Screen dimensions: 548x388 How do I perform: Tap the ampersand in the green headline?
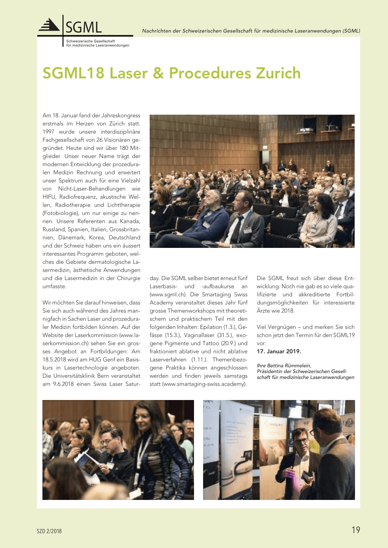(158, 73)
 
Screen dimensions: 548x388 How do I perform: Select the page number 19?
(356, 530)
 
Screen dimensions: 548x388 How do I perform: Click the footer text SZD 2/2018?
(49, 531)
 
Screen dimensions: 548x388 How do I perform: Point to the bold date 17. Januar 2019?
(279, 351)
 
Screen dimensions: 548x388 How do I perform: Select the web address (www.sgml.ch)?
(167, 294)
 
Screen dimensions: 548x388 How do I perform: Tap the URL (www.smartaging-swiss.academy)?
(204, 384)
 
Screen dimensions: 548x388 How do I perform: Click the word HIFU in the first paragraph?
(49, 197)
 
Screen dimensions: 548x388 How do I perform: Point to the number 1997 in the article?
(48, 132)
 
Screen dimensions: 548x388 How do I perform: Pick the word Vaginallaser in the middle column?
(199, 335)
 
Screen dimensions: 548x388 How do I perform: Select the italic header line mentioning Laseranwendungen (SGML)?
(251, 31)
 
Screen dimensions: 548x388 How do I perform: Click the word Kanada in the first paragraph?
(130, 221)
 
